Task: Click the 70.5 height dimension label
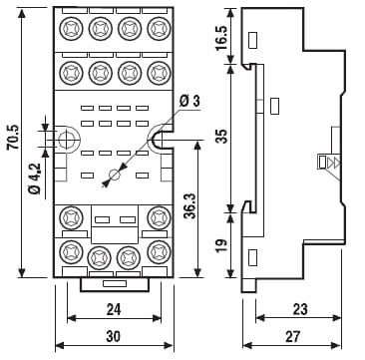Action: pyautogui.click(x=14, y=137)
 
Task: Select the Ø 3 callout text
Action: pyautogui.click(x=189, y=101)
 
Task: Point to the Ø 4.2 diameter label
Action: pyautogui.click(x=35, y=179)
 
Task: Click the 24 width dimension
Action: pyautogui.click(x=114, y=310)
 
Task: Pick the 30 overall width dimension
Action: pyautogui.click(x=114, y=337)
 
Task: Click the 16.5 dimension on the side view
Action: pyautogui.click(x=222, y=38)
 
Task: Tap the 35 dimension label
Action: pyautogui.click(x=223, y=136)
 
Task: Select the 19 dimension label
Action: pyautogui.click(x=223, y=244)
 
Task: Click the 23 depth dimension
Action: pyautogui.click(x=300, y=310)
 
